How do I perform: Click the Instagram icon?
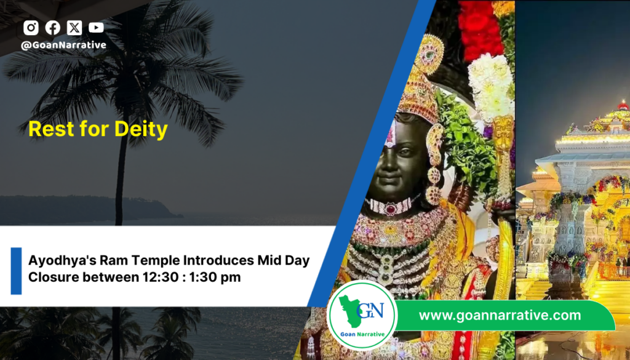coord(31,28)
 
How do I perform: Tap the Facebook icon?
coord(53,28)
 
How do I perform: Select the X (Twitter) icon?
coord(74,28)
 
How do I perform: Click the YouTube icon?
coord(96,28)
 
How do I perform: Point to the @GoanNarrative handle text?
coord(63,45)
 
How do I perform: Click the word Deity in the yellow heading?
coord(141,130)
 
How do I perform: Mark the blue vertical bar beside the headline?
coord(16,271)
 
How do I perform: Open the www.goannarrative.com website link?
coord(500,316)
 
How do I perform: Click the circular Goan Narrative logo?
coord(362,316)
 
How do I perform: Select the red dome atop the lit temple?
coord(623,106)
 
